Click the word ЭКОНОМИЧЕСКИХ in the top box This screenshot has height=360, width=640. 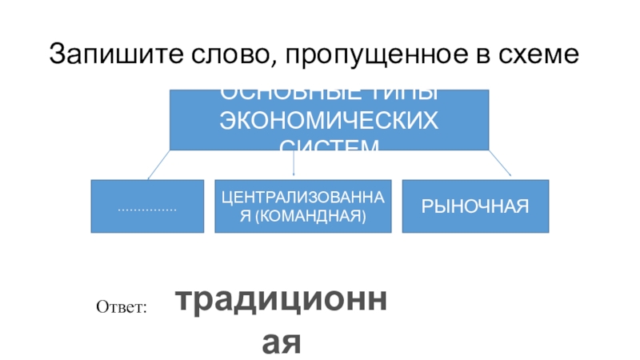(329, 120)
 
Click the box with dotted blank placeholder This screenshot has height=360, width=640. (147, 206)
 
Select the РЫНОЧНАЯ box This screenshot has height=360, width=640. (475, 206)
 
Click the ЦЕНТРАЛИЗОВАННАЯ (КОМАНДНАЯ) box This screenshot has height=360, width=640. (303, 206)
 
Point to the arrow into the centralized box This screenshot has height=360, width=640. (294, 164)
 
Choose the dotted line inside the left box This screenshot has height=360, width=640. (147, 208)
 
